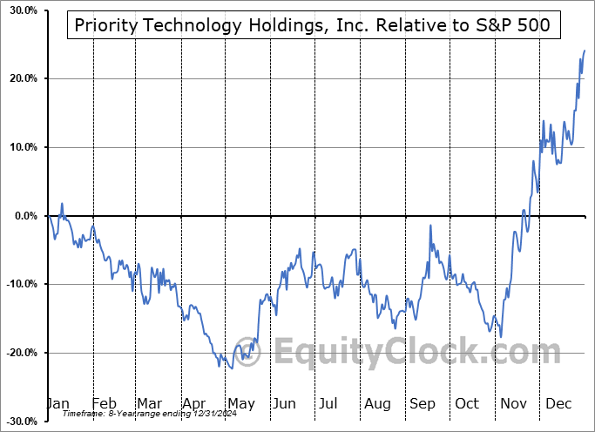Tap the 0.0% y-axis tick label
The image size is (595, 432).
22,216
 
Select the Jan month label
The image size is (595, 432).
57,404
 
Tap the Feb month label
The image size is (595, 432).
104,404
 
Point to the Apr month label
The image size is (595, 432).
195,404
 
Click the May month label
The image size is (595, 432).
240,404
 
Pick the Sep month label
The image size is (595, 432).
422,404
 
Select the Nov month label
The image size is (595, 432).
513,404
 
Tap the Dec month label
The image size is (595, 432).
558,404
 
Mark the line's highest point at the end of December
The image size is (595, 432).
584,51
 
